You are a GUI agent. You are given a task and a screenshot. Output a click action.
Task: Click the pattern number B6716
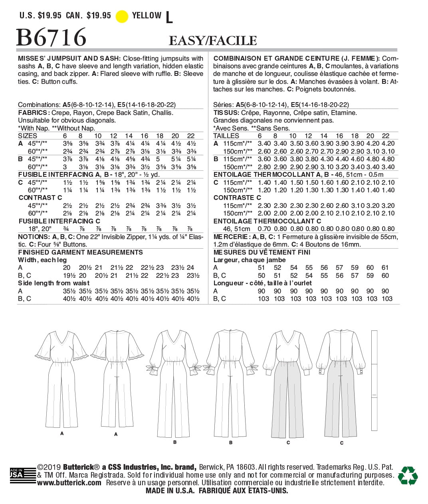click(x=51, y=38)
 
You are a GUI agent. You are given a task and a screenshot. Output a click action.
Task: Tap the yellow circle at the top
click(x=122, y=16)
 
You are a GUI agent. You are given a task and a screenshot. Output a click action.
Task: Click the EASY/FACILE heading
click(x=213, y=40)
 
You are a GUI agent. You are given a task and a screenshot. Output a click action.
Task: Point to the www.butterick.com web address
click(x=69, y=483)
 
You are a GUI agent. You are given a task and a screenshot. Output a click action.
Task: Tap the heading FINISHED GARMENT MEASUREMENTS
click(x=80, y=252)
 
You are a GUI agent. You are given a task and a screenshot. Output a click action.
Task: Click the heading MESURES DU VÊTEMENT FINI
click(x=262, y=252)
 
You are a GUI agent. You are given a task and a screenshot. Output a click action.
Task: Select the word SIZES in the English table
click(x=28, y=136)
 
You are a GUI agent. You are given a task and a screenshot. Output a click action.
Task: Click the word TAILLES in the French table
click(x=226, y=136)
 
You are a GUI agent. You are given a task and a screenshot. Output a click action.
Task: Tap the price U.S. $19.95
click(x=40, y=16)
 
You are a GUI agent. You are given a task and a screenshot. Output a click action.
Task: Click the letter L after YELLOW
click(x=169, y=17)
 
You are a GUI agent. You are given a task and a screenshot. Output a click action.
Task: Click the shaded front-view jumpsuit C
click(x=288, y=383)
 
